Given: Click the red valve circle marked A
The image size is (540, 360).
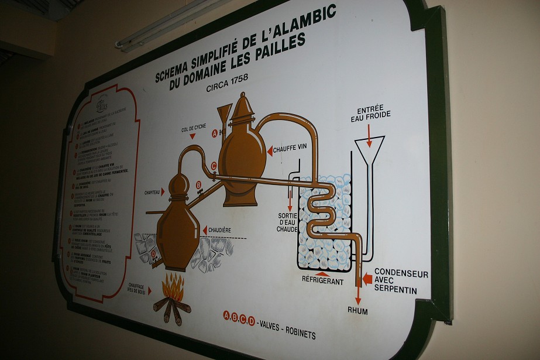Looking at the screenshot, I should (x=215, y=133).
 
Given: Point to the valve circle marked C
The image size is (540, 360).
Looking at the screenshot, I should (x=214, y=166).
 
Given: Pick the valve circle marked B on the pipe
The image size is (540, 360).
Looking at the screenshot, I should (x=198, y=185).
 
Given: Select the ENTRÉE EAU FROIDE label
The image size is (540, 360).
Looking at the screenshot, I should (x=370, y=115).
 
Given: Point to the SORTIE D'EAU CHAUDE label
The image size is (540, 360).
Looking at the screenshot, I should (x=287, y=222).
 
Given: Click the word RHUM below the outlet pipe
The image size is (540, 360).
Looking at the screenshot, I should (x=357, y=311).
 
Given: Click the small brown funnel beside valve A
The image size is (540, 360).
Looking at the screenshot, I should (x=224, y=115).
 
